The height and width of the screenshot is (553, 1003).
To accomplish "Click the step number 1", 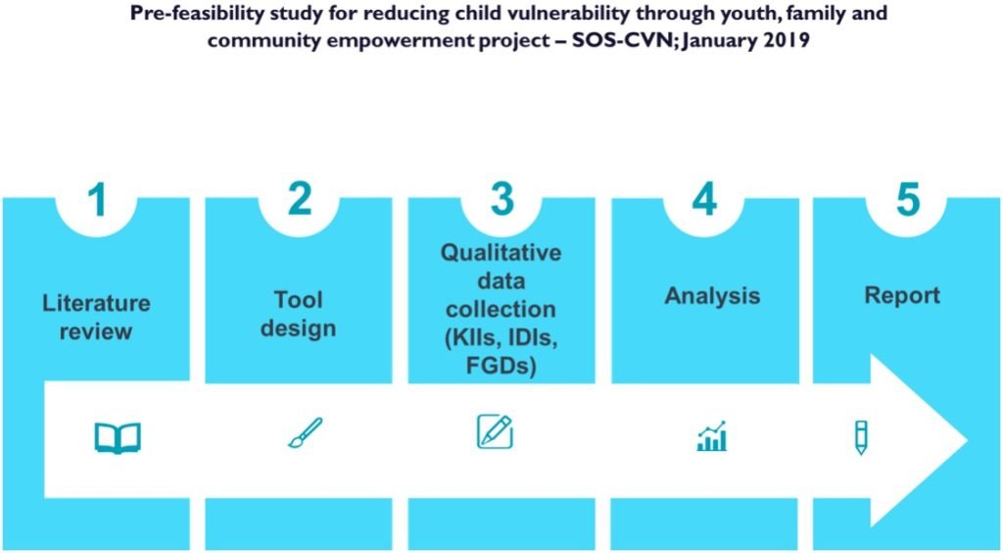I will coord(96,199).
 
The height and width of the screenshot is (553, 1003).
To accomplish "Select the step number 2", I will coord(299,199).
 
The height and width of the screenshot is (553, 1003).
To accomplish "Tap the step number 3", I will coord(501,199).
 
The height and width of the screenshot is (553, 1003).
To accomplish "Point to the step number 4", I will coord(704,199).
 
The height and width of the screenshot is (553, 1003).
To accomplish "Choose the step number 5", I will coord(907,199).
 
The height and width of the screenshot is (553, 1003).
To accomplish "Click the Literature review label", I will coord(96,317).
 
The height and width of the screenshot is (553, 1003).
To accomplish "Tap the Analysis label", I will coord(712,296).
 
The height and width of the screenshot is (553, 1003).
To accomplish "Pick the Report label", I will coord(901,296).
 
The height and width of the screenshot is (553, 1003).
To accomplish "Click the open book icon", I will coord(118,437).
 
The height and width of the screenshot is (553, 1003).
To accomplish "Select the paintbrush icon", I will coord(305,432).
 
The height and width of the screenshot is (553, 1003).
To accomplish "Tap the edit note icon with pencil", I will coord(495,431).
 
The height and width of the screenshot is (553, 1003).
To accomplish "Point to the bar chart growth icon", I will coord(712,436).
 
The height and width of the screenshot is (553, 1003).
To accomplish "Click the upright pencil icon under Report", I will coord(860,436).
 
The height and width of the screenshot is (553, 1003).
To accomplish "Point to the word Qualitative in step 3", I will coord(501,252).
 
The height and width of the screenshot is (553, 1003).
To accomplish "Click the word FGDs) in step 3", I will coord(501,366).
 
